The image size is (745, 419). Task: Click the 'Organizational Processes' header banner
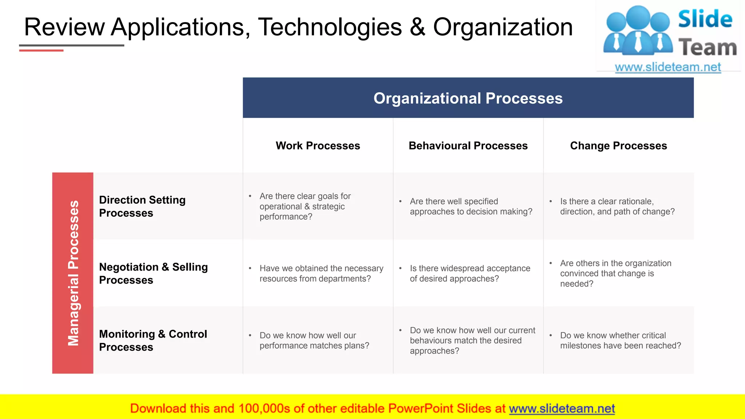(468, 98)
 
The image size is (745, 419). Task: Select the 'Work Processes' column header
(318, 145)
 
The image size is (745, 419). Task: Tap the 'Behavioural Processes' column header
(468, 145)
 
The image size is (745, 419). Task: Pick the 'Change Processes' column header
(618, 145)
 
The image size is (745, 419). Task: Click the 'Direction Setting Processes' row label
(142, 206)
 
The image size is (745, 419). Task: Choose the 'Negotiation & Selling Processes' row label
(153, 273)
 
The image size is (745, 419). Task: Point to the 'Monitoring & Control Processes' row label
(153, 340)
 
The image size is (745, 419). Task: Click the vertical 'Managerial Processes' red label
(73, 273)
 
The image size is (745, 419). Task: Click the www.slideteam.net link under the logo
(668, 67)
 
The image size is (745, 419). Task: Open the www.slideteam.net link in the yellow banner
(562, 408)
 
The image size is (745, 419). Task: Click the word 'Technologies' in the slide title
(330, 27)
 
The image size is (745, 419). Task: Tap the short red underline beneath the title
(41, 51)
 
